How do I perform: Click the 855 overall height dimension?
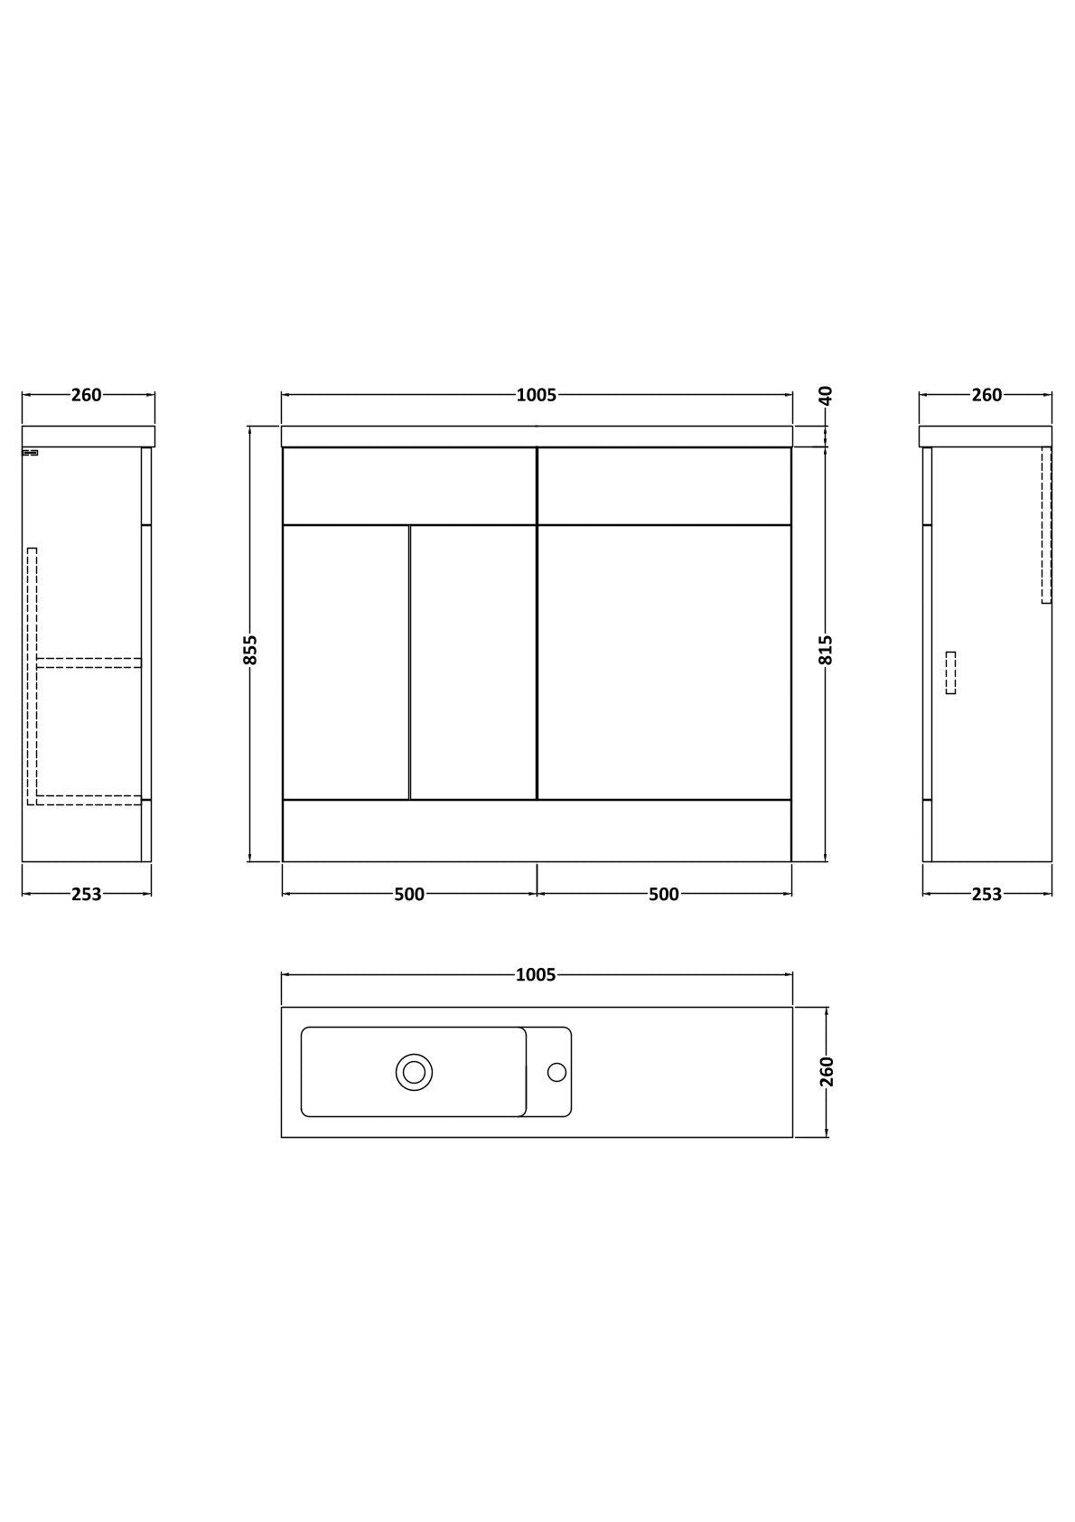point(250,650)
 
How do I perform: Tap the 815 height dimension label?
point(826,650)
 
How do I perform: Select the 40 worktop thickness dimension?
point(826,395)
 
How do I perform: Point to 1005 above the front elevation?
point(537,395)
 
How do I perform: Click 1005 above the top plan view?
point(536,975)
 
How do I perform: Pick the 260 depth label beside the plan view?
point(826,1072)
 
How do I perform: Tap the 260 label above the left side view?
point(86,395)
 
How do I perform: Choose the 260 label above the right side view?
point(986,395)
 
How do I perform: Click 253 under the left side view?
point(86,894)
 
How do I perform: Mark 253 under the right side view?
point(986,894)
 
